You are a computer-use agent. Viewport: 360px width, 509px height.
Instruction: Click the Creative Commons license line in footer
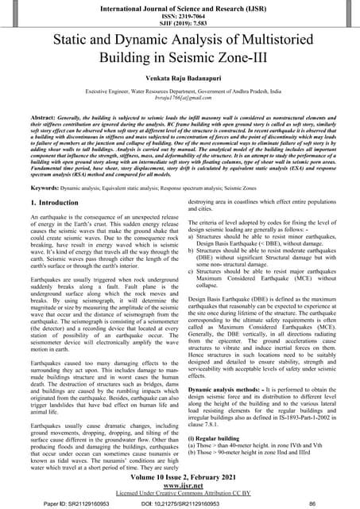tap(180, 492)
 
